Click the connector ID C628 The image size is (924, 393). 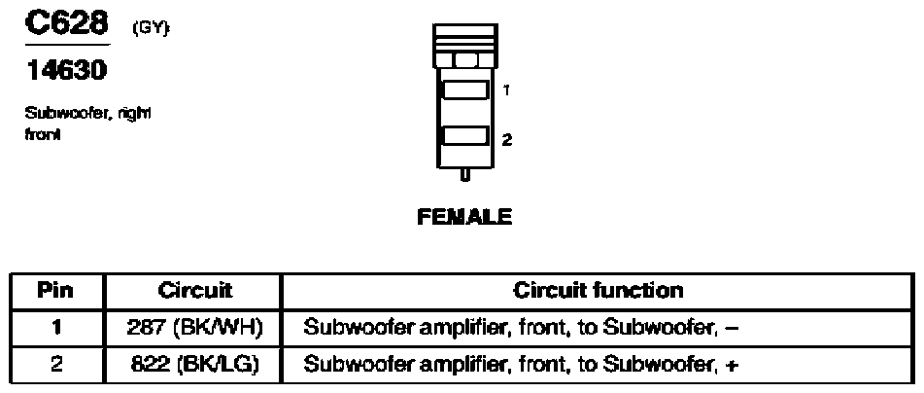coord(64,25)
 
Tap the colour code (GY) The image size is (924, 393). coord(151,31)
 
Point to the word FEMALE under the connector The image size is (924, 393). coord(463,218)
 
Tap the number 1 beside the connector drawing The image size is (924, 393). coord(507,90)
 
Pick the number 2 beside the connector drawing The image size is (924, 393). coord(507,139)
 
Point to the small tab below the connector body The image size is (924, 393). coord(464,175)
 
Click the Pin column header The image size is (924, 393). coord(56,290)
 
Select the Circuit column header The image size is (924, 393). coord(196,290)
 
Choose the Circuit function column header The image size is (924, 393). coord(598,290)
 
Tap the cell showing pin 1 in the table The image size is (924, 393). coord(56,327)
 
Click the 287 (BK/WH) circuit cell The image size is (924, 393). coord(196,327)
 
